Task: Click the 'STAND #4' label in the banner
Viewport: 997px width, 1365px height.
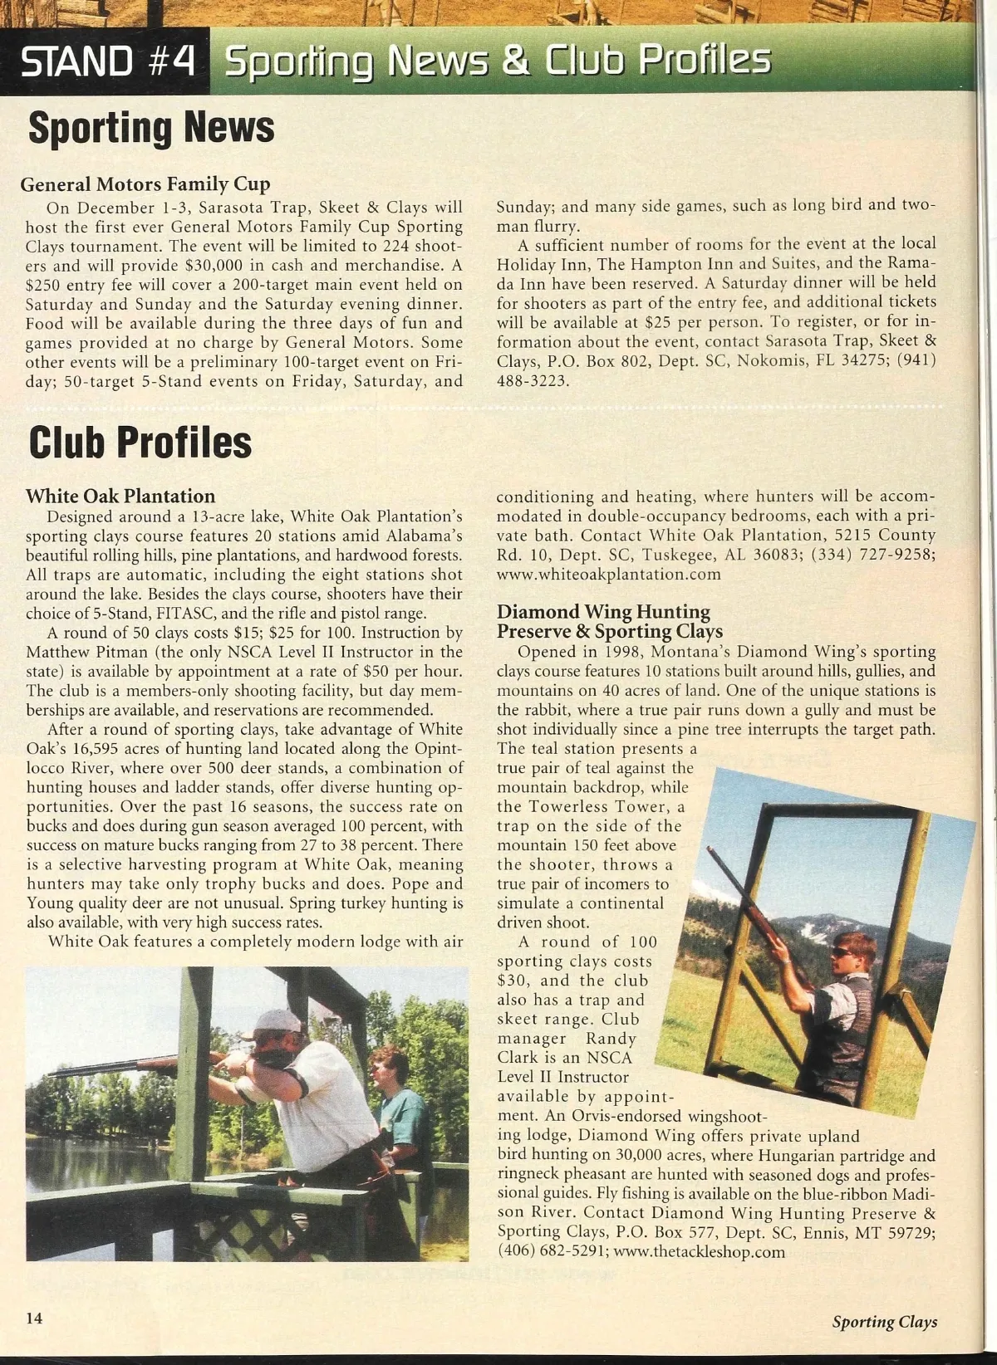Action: (108, 61)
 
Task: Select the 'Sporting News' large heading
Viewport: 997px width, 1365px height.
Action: (151, 129)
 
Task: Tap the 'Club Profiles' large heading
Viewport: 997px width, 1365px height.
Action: (140, 442)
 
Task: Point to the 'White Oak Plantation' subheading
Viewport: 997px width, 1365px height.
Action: (120, 496)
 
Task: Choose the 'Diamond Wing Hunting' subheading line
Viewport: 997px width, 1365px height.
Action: (603, 612)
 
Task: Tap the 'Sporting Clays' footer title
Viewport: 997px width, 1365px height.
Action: (885, 1322)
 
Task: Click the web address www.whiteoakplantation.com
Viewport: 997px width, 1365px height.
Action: (608, 574)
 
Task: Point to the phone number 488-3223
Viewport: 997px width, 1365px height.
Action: (533, 380)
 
